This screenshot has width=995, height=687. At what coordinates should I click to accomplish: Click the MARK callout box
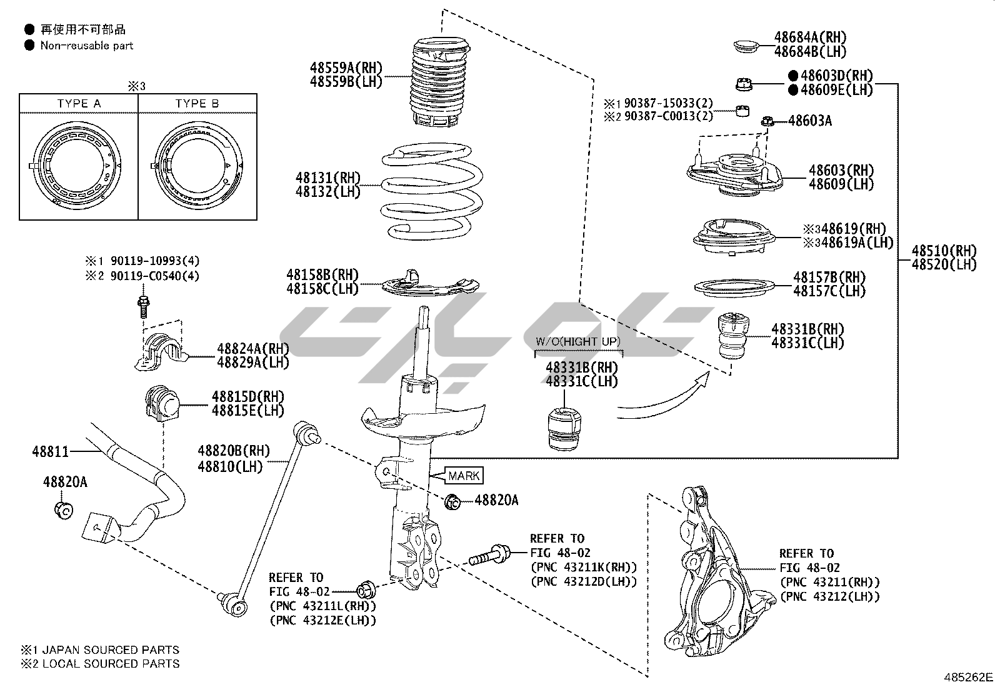tap(464, 476)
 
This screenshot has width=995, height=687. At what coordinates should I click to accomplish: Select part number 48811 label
tap(51, 451)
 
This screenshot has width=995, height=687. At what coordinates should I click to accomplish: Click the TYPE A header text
tap(79, 104)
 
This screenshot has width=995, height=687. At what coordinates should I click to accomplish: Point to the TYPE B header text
tap(197, 104)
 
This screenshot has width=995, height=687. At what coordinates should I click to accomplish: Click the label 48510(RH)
tap(944, 251)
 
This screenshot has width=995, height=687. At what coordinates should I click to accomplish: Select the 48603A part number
tap(810, 121)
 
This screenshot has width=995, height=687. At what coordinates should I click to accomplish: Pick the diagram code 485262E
tap(968, 677)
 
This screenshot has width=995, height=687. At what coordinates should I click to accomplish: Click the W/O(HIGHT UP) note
tap(578, 341)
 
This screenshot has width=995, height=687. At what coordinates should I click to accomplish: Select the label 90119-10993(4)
tap(156, 261)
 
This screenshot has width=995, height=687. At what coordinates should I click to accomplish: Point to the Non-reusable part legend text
tap(87, 45)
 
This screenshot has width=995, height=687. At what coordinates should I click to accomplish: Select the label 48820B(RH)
tap(234, 451)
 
